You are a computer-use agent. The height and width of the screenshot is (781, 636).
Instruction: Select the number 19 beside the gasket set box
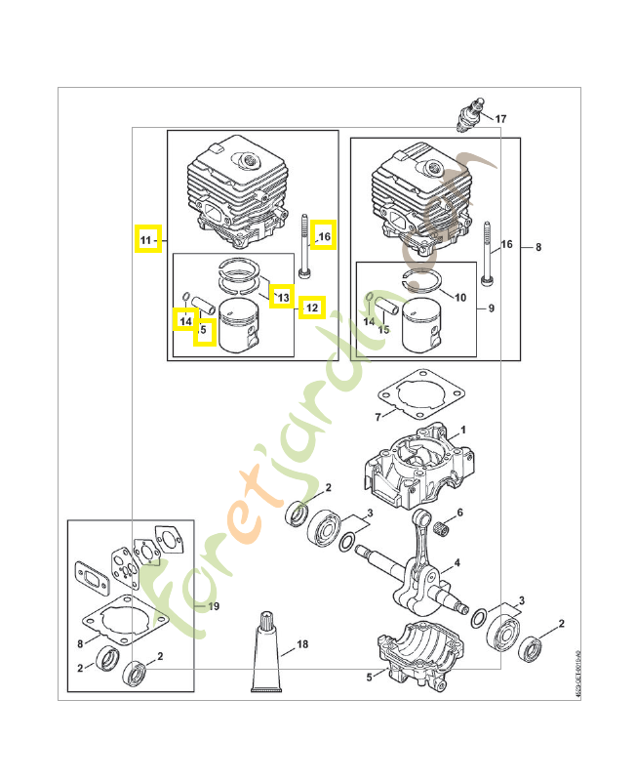pos(213,606)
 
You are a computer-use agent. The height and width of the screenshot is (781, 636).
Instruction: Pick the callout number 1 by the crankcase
pos(463,430)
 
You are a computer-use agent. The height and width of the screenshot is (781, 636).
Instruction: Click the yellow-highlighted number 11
pos(146,239)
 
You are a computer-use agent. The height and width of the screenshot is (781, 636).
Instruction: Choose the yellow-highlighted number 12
pos(311,308)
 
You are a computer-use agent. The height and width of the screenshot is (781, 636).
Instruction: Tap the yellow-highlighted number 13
pos(282,296)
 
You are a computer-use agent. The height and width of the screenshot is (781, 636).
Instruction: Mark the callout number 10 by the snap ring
pos(460,296)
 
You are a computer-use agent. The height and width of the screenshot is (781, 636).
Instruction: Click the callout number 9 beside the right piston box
pos(492,308)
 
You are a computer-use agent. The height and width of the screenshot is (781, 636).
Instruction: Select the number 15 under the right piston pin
pos(383,330)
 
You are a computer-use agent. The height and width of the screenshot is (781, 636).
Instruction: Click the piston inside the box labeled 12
pos(240,326)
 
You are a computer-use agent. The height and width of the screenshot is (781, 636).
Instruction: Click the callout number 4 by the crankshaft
pos(457,562)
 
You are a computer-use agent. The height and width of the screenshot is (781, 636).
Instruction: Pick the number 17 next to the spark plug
pos(500,119)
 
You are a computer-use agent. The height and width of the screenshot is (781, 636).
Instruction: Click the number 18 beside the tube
pos(302,644)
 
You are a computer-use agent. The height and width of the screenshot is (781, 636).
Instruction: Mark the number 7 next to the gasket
pos(378,417)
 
